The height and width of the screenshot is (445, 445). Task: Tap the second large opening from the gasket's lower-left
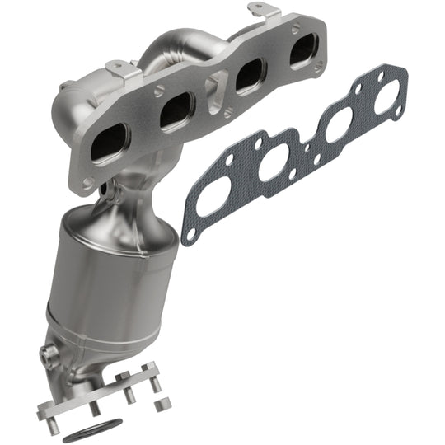[x=273, y=162]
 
